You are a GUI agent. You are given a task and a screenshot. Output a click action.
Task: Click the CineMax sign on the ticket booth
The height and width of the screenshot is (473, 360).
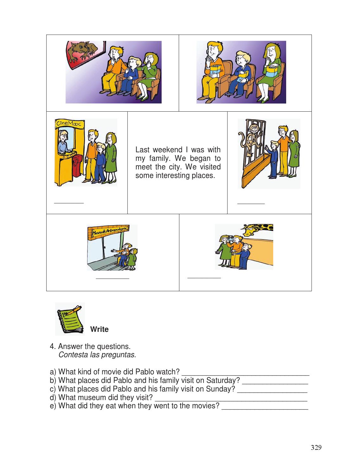point(67,123)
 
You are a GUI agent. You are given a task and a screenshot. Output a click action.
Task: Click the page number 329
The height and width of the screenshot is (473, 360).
point(316,448)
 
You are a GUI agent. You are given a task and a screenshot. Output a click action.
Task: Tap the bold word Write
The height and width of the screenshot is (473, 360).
point(99,329)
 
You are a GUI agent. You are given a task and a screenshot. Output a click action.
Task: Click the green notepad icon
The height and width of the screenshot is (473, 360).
point(70,319)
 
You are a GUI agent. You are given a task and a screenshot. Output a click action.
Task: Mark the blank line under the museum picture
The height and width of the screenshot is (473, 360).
point(113,279)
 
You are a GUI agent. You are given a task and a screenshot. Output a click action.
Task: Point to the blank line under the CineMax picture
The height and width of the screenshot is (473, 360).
point(69,202)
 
